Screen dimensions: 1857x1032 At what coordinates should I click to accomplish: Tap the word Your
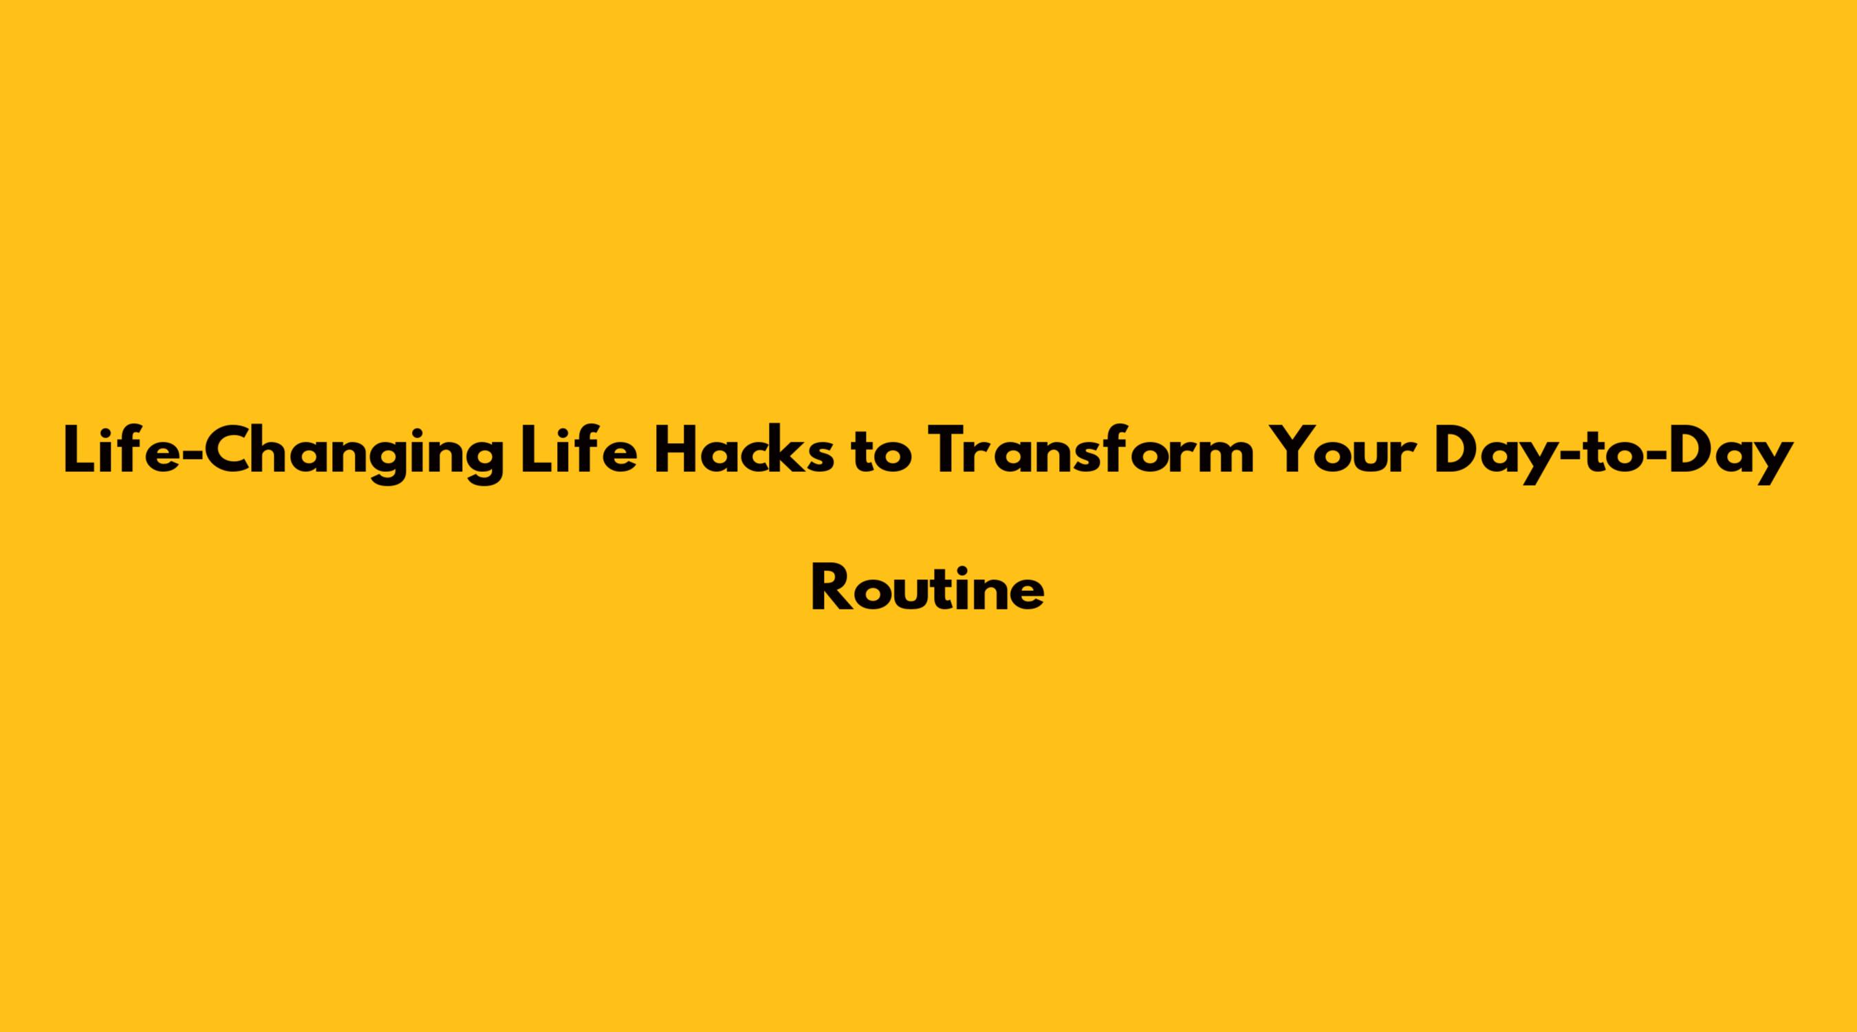coord(1345,452)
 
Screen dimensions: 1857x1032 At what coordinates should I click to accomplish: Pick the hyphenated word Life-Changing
coord(283,455)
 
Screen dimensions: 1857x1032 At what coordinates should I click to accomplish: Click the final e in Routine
coord(1027,595)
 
